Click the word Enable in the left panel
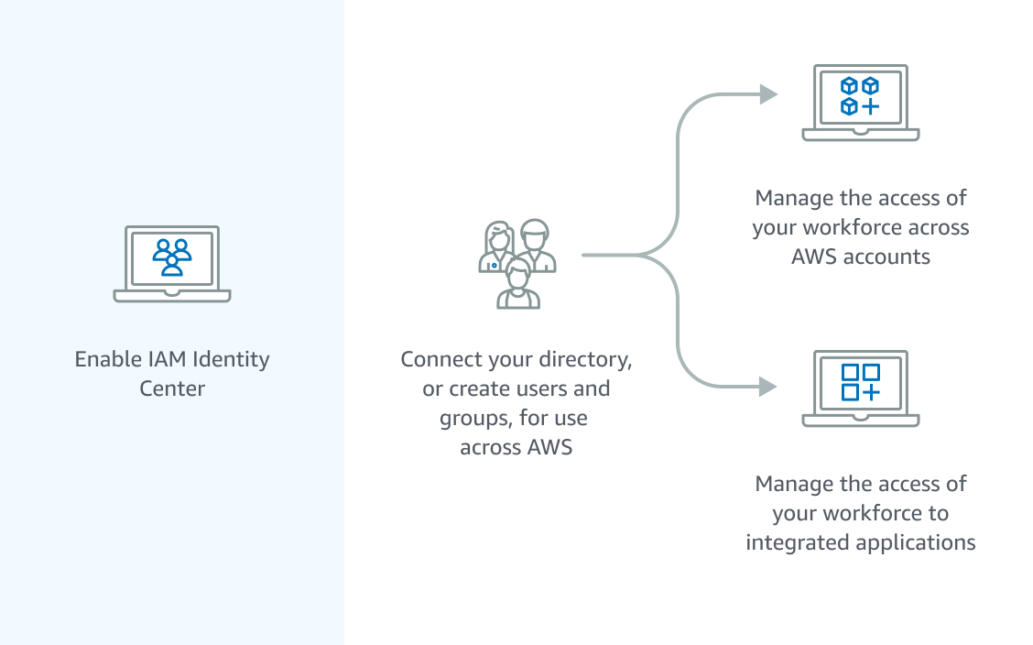tap(103, 358)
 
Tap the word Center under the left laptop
tap(172, 388)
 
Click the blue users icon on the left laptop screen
tap(172, 257)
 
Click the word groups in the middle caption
tap(471, 419)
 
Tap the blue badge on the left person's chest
tap(494, 266)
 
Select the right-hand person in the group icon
tap(535, 246)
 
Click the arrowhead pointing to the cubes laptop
tap(768, 94)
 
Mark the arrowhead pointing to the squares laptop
tap(768, 388)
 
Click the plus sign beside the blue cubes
tap(870, 106)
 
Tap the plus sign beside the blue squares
tap(870, 392)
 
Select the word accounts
tap(886, 257)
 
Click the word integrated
tap(797, 542)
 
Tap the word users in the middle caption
tap(545, 388)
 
